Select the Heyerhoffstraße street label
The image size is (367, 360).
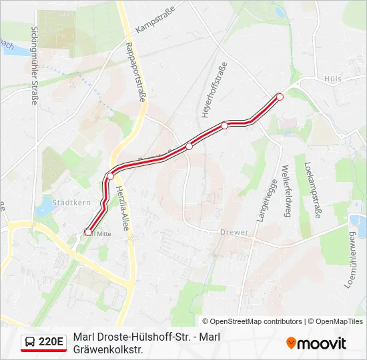point(214,90)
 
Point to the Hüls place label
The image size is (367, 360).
point(332,79)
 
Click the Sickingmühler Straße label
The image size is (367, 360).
point(34,65)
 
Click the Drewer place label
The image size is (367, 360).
point(234,233)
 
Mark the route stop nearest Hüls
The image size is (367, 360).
point(280,97)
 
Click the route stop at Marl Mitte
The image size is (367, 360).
point(88,232)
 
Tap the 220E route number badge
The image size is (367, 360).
point(51,343)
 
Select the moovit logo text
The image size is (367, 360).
point(322,343)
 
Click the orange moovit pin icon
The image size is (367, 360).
point(291,343)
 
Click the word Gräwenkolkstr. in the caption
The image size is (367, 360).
point(109,349)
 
